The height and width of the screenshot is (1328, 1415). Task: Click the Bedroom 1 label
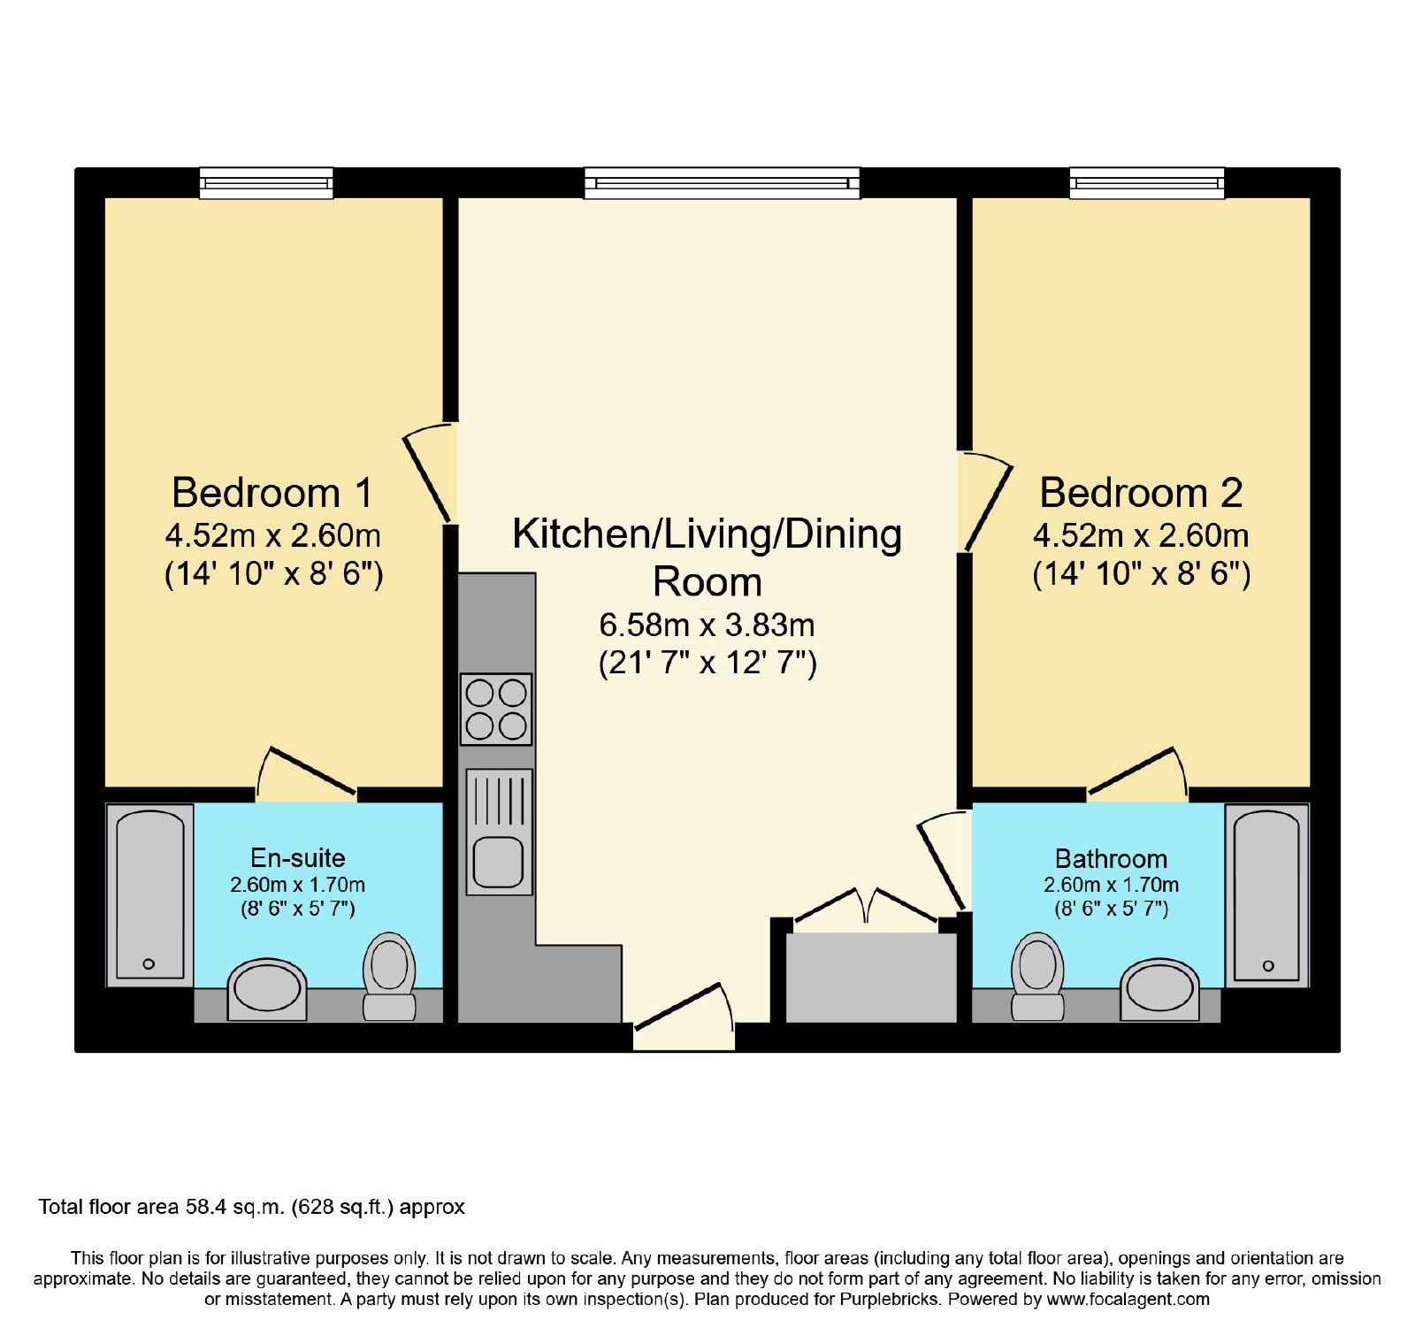pos(272,493)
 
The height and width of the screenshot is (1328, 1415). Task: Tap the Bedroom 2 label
pos(1141,493)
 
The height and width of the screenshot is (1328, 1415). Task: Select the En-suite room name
pos(297,857)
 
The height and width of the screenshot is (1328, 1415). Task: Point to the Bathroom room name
pos(1111,858)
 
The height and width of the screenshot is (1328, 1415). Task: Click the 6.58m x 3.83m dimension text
pos(707,625)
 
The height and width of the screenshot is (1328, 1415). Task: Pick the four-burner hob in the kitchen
pos(496,710)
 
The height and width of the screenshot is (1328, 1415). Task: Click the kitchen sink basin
pos(499,862)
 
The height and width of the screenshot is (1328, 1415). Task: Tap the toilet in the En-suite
pos(389,976)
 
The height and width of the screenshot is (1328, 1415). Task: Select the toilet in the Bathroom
pos(1037,976)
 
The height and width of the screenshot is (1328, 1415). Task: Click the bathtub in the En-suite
pos(150,894)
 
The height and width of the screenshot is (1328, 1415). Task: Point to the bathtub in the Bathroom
pos(1266,894)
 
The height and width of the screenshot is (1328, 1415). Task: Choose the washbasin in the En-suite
pos(267,988)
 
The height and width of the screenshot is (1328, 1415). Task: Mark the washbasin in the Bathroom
pos(1159,988)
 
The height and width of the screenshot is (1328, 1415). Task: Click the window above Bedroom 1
pos(265,183)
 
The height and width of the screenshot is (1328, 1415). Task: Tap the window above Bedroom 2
pos(1147,183)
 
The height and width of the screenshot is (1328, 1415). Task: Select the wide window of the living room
pos(722,183)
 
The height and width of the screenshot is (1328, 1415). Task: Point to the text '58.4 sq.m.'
pos(234,1207)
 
